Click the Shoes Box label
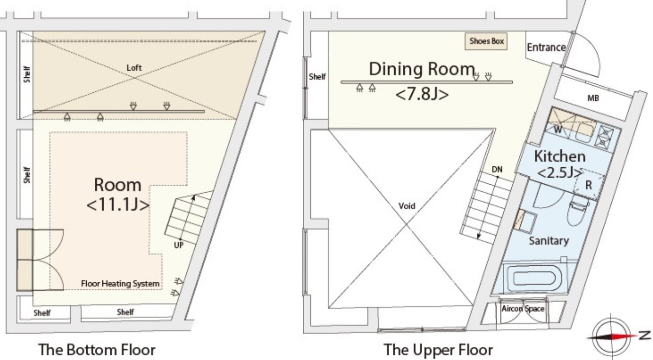(486, 41)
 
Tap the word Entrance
(546, 47)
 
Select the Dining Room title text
(422, 69)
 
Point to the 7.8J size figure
(422, 94)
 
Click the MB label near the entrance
(593, 98)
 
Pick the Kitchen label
(560, 156)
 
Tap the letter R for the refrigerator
(589, 185)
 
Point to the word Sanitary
(549, 241)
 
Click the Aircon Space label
(523, 308)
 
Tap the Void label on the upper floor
(407, 206)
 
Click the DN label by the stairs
(497, 170)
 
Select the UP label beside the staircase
(179, 245)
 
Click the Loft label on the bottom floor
(134, 68)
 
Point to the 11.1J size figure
(118, 205)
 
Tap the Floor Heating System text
(120, 284)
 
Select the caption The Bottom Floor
(97, 350)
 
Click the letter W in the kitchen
(558, 129)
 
